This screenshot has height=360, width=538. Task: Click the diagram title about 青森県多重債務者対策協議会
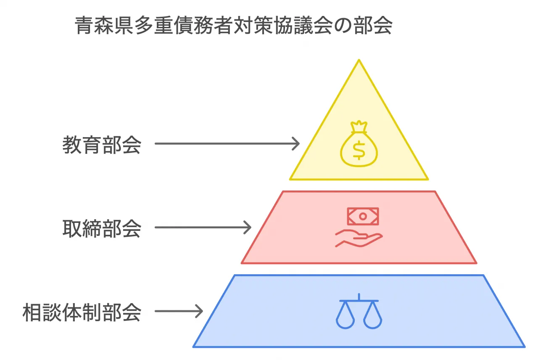(233, 25)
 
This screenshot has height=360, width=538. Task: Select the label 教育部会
(102, 145)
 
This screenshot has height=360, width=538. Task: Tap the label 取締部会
(102, 228)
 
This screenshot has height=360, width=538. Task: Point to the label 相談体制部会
(82, 312)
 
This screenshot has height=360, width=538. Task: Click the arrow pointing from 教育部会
(227, 144)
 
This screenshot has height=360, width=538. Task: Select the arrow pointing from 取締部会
(203, 228)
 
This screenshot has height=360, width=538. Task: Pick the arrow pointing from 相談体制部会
(179, 311)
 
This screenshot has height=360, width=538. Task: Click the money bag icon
(359, 143)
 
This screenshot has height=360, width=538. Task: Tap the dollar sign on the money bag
(359, 150)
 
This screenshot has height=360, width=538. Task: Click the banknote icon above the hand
(363, 216)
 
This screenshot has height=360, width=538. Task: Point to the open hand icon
(359, 238)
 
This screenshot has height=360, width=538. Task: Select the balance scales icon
(359, 311)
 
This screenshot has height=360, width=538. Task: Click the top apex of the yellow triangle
(359, 60)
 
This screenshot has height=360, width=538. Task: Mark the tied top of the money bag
(359, 127)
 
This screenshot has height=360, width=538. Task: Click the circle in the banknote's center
(363, 217)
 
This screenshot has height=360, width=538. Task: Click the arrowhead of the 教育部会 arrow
(296, 144)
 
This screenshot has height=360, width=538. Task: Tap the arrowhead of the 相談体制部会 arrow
(199, 311)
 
